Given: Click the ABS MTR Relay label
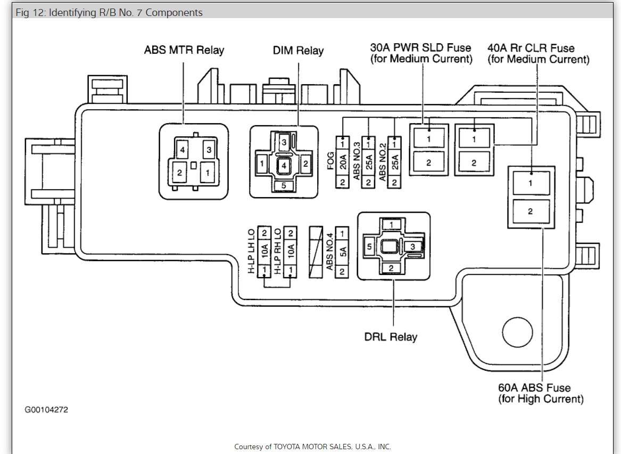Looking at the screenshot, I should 184,50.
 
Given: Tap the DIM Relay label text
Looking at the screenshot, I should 298,51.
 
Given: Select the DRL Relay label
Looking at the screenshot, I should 391,337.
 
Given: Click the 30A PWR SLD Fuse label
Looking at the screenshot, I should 421,53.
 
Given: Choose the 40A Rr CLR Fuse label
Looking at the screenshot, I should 538,53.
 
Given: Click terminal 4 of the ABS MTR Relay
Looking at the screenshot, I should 182,150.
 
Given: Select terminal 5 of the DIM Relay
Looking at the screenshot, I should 284,185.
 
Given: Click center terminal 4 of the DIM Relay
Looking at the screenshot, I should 284,166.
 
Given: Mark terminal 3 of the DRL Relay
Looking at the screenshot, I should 412,246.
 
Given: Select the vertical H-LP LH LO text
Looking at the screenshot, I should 252,252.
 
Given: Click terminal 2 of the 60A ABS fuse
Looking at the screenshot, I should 530,212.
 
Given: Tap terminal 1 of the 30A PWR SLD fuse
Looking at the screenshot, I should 428,139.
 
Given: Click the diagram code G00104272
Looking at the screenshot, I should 46,410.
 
